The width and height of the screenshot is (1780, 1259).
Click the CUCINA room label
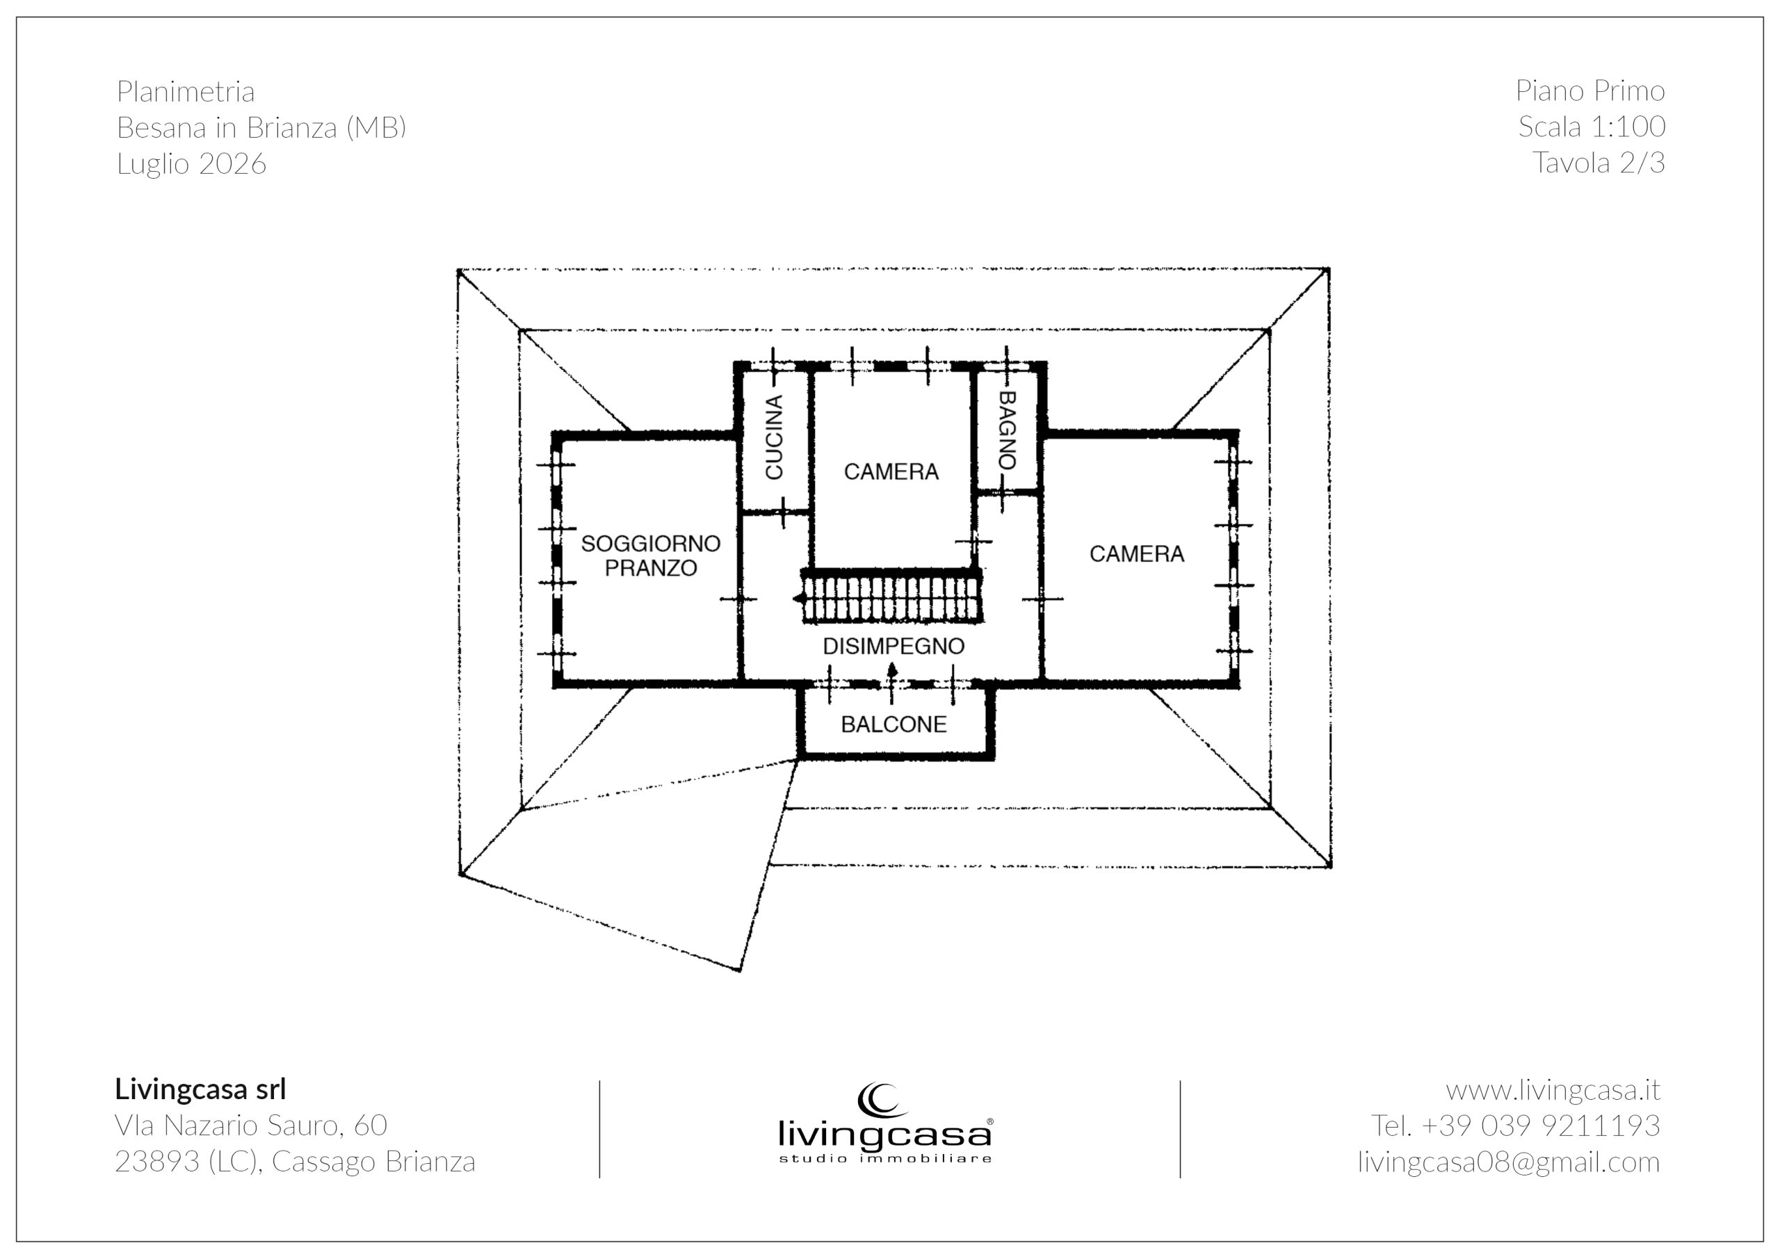pyautogui.click(x=774, y=437)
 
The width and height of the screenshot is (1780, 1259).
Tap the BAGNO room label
pyautogui.click(x=1006, y=430)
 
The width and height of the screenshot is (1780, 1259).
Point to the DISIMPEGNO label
pyautogui.click(x=893, y=646)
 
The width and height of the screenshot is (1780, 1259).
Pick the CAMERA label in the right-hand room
pyautogui.click(x=1137, y=553)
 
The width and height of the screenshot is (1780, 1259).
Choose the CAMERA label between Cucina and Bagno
pyautogui.click(x=891, y=471)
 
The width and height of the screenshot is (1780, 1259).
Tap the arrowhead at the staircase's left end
pyautogui.click(x=797, y=599)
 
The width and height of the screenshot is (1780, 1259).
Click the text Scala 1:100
pyautogui.click(x=1592, y=127)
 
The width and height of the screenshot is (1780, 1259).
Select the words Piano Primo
pyautogui.click(x=1590, y=90)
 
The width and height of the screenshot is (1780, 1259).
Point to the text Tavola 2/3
pyautogui.click(x=1599, y=163)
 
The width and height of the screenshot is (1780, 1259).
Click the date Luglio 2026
pyautogui.click(x=191, y=163)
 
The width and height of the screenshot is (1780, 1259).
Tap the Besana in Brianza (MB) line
pyautogui.click(x=261, y=127)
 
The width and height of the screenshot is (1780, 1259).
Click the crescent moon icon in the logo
pyautogui.click(x=879, y=1100)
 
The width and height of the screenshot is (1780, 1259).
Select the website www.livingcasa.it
pyautogui.click(x=1553, y=1090)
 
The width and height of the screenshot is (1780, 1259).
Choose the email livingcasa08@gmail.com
pyautogui.click(x=1509, y=1162)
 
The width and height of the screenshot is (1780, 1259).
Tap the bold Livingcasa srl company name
pyautogui.click(x=201, y=1089)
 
